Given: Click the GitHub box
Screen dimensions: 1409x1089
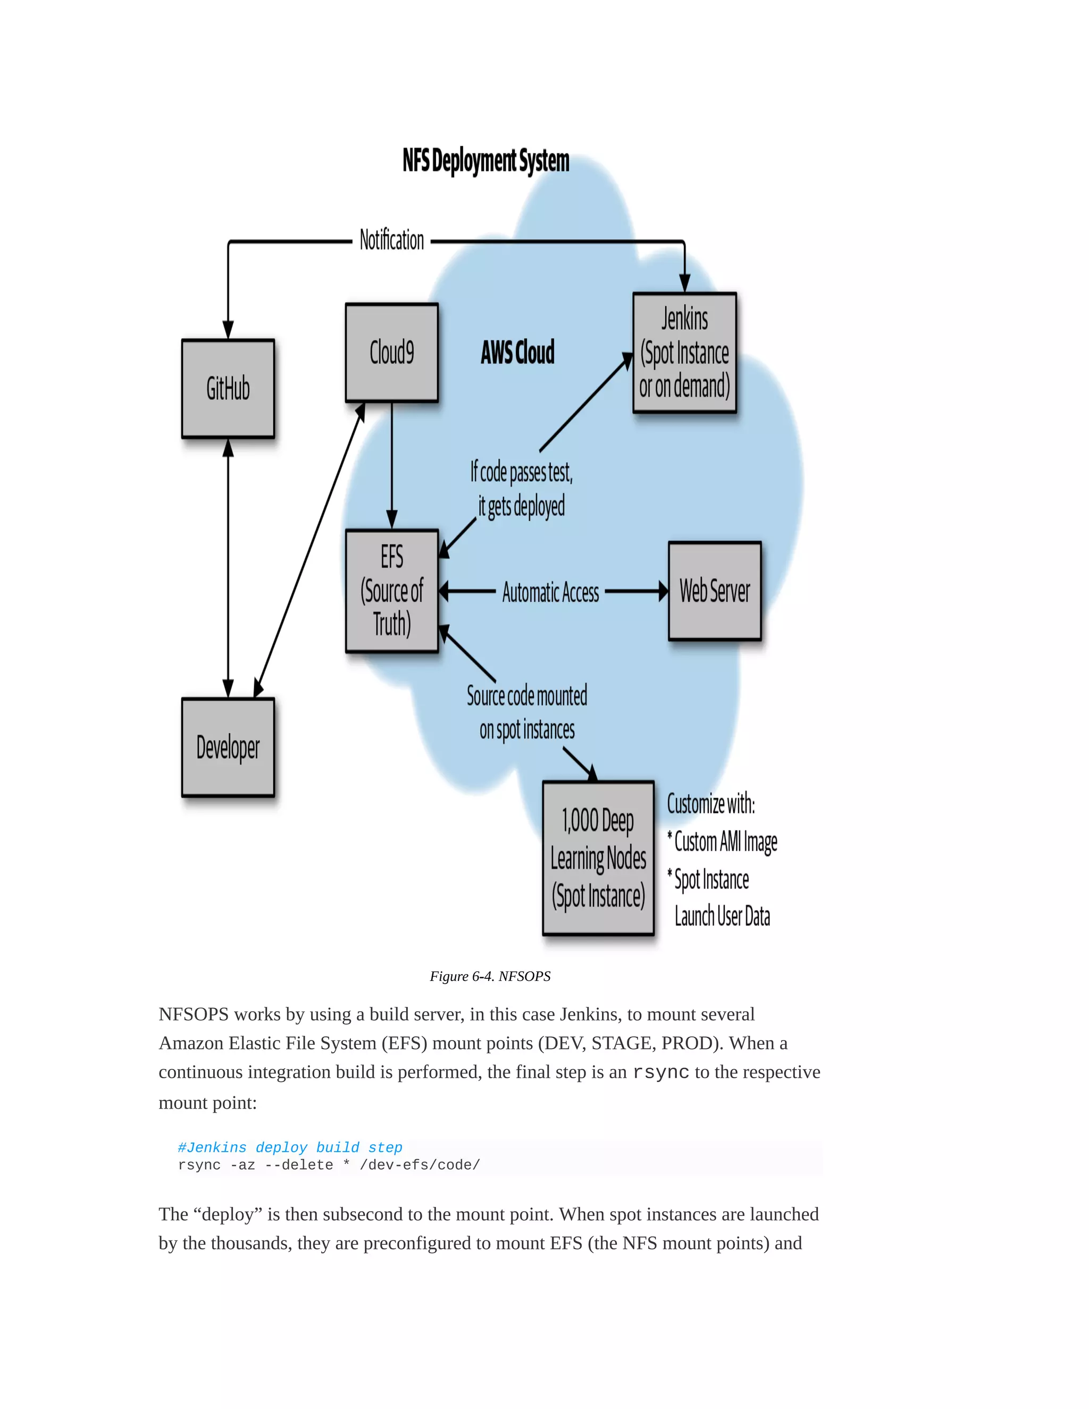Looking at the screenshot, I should tap(228, 388).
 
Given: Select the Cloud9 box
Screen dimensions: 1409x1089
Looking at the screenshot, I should tap(391, 352).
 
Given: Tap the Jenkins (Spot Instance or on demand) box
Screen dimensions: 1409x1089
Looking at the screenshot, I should tap(684, 352).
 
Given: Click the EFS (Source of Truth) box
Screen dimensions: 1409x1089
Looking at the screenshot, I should tap(391, 590).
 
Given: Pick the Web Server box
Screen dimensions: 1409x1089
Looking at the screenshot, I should tap(714, 590).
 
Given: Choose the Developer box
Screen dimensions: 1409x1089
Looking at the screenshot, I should tap(228, 747).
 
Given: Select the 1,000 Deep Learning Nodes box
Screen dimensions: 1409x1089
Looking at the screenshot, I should tap(598, 858).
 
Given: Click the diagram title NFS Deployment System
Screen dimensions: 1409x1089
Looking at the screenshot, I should tap(486, 161).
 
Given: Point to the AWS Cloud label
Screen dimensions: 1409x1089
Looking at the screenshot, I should tap(517, 352).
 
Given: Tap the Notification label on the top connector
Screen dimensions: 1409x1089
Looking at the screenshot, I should tap(391, 240).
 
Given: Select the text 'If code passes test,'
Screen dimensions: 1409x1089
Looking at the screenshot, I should tap(521, 472).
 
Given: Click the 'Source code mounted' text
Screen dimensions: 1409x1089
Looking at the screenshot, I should tap(527, 695).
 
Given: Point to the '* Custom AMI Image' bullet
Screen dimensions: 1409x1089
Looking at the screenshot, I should tap(723, 842).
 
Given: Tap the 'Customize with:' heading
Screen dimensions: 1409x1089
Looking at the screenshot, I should tap(710, 804).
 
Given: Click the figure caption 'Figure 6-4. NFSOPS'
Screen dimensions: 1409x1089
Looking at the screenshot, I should tap(490, 976).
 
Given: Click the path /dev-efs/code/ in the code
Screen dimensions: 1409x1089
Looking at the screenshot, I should tap(420, 1165).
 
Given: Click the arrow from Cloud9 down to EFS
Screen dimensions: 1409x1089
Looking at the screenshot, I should tap(391, 465).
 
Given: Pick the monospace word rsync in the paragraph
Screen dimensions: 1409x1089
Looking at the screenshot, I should tap(660, 1073).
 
